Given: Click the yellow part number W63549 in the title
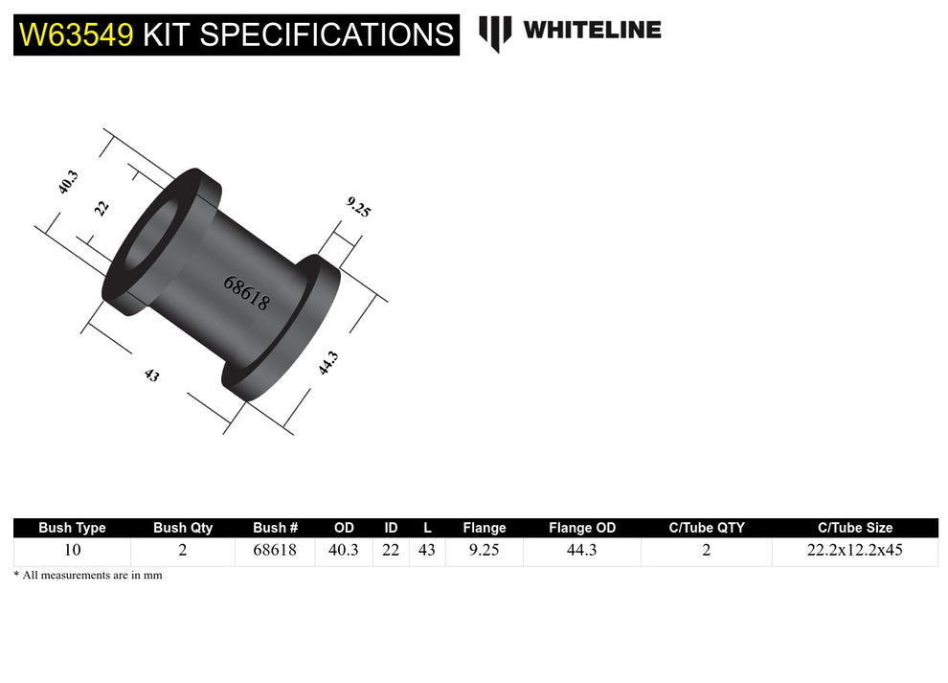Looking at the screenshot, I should pyautogui.click(x=77, y=35).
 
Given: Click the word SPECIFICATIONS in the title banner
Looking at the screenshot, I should pyautogui.click(x=326, y=35).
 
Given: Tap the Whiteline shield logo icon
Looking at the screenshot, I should pyautogui.click(x=495, y=33).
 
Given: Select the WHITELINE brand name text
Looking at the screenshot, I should pyautogui.click(x=592, y=30).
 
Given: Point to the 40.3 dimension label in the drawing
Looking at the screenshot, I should pyautogui.click(x=68, y=182).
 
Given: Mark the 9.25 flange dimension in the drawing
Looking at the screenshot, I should pyautogui.click(x=358, y=207).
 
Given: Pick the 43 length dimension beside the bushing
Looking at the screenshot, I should pyautogui.click(x=151, y=376).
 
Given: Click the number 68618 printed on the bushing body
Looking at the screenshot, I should pyautogui.click(x=246, y=293).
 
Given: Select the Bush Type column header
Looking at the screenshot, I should pyautogui.click(x=72, y=528).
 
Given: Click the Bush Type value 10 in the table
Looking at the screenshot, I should pyautogui.click(x=72, y=551).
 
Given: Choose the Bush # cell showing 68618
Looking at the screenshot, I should pyautogui.click(x=275, y=551).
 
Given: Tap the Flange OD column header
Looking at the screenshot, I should pyautogui.click(x=582, y=528).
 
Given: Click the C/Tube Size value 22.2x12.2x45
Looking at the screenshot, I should pyautogui.click(x=855, y=551).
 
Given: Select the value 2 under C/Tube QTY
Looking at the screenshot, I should pyautogui.click(x=707, y=551).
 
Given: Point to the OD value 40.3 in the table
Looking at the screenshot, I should pyautogui.click(x=344, y=551).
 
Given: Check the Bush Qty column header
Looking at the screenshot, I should pyautogui.click(x=183, y=528).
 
